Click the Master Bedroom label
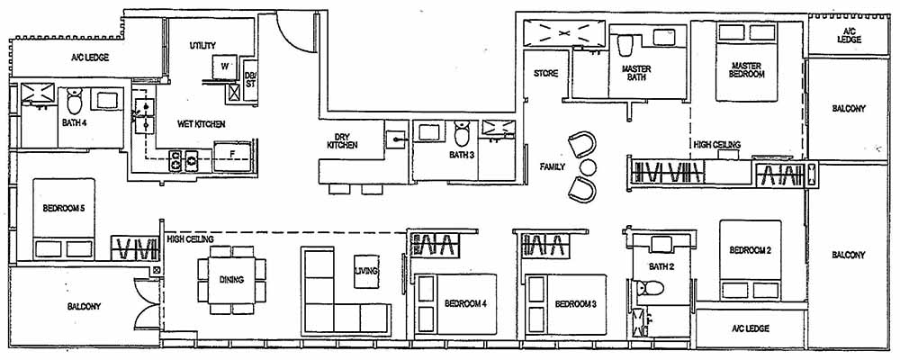coord(747,69)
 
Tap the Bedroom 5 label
coord(63,209)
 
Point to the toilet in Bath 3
coord(462,134)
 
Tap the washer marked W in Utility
coord(223,67)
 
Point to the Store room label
coord(546,73)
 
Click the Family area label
coord(552,167)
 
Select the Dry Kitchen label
coord(343,141)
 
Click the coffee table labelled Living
coord(366,270)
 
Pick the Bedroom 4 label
coord(465,304)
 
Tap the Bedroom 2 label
coord(750,250)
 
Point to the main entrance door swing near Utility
coord(290,36)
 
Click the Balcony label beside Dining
coord(84,306)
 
